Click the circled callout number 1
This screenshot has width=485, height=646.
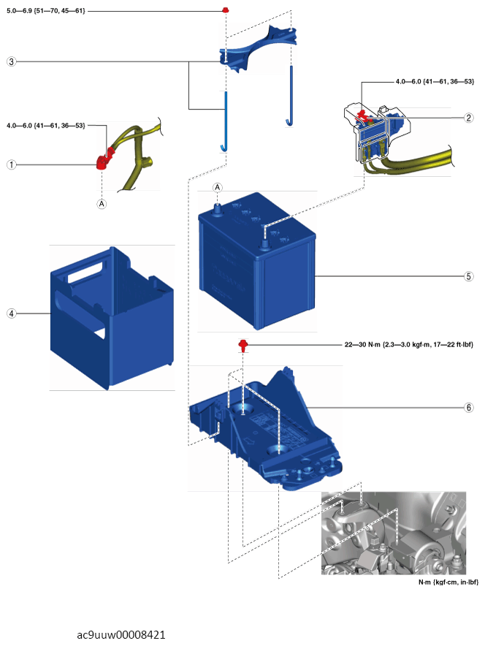(11, 165)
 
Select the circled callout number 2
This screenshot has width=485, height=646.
(468, 118)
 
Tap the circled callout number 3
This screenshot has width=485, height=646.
(11, 62)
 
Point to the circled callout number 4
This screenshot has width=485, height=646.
(11, 313)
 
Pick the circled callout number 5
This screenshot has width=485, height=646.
(468, 277)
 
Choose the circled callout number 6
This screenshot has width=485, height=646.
(468, 407)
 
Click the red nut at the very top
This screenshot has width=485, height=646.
(226, 11)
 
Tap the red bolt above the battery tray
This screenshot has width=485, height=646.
(242, 344)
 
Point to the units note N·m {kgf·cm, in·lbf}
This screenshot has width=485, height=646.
(443, 582)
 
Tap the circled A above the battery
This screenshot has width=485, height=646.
(217, 188)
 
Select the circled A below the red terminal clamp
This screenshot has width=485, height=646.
(102, 203)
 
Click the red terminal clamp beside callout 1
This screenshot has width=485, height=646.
(103, 159)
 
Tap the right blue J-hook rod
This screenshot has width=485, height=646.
(290, 95)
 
